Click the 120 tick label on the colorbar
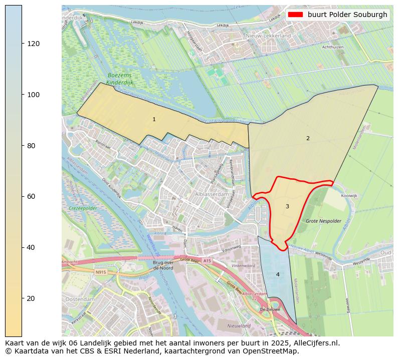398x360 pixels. click(x=34, y=44)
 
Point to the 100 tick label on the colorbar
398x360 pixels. click(x=34, y=95)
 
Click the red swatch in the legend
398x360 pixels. click(x=296, y=15)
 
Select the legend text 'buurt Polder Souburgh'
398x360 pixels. click(x=347, y=15)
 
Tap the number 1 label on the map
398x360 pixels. click(x=154, y=119)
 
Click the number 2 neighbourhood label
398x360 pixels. click(x=308, y=138)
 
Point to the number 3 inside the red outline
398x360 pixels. click(x=287, y=206)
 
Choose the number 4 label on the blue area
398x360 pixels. click(x=278, y=274)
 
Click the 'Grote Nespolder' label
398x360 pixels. click(x=323, y=221)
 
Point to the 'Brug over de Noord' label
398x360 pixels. click(x=163, y=265)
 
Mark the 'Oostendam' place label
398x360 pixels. click(x=80, y=299)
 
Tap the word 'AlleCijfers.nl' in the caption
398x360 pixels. click(x=317, y=343)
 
